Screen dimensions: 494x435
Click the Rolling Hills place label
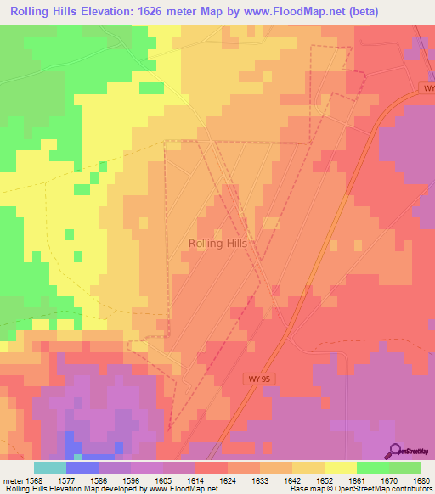coord(217,243)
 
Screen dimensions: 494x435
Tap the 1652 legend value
coord(324,480)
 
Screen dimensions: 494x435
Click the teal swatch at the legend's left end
coord(49,468)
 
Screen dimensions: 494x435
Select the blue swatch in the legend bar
coord(82,468)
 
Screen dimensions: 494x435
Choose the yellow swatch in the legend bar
coord(341,468)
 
